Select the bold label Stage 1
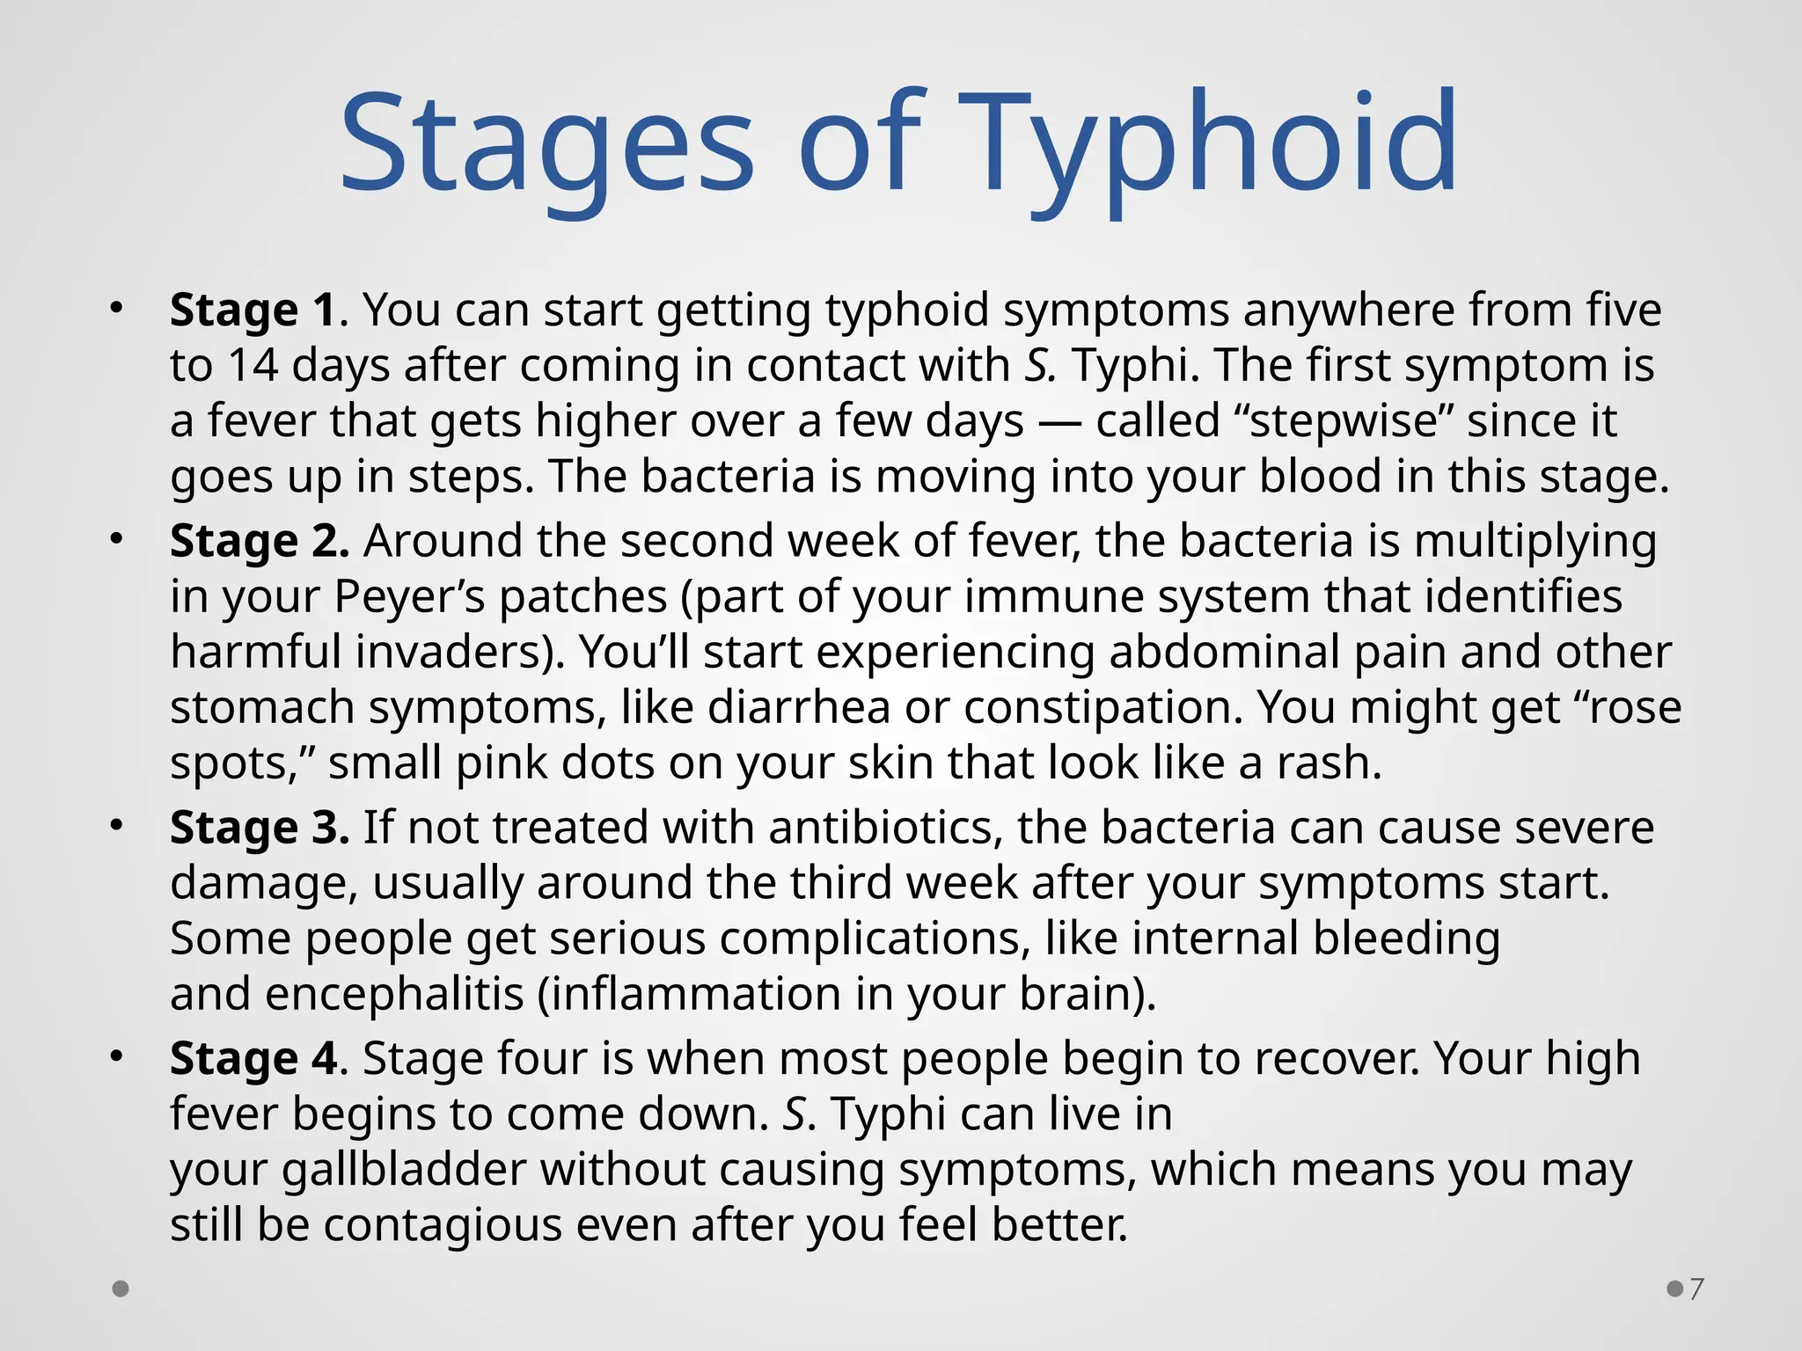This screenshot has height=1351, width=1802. [x=253, y=310]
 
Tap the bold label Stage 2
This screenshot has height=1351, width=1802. [x=259, y=540]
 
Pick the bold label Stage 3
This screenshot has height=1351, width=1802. [x=259, y=828]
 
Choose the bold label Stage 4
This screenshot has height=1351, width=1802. [x=253, y=1058]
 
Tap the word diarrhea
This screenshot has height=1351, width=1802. [x=799, y=707]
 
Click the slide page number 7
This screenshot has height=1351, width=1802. [x=1696, y=1289]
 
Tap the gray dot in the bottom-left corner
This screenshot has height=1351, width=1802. [x=121, y=1289]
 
